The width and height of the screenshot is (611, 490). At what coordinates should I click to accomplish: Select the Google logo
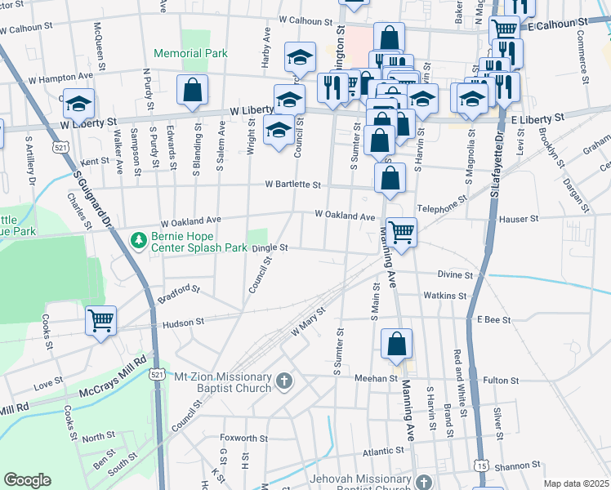click(x=28, y=480)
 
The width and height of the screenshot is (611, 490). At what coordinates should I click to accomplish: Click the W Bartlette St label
click(x=292, y=185)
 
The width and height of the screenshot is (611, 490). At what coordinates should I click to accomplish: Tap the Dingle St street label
click(x=270, y=247)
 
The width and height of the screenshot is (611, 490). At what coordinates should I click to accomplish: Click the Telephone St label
click(x=443, y=203)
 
